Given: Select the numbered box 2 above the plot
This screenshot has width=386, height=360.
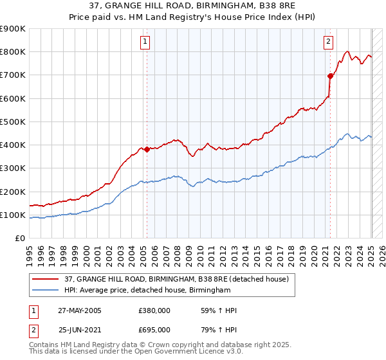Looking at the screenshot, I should coord(328,42).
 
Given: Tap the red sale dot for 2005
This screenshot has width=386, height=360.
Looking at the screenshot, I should coord(147,149).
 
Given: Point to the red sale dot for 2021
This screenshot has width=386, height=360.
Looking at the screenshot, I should coord(330,76).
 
